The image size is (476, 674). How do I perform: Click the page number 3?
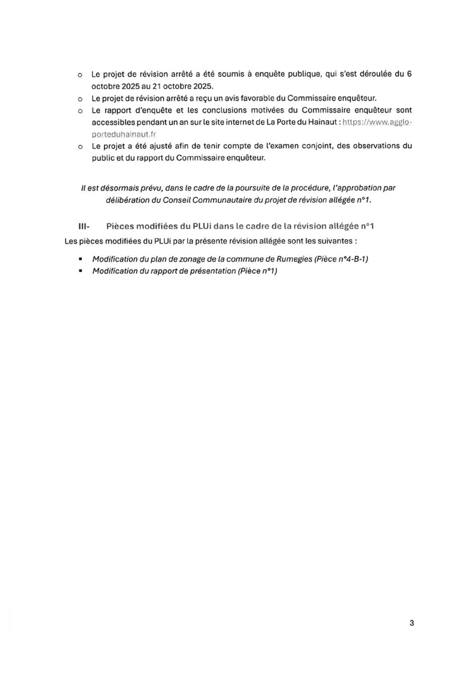[411, 623]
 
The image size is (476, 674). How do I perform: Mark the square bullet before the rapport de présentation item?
[81, 271]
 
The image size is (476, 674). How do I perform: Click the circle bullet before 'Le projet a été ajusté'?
[80, 147]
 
